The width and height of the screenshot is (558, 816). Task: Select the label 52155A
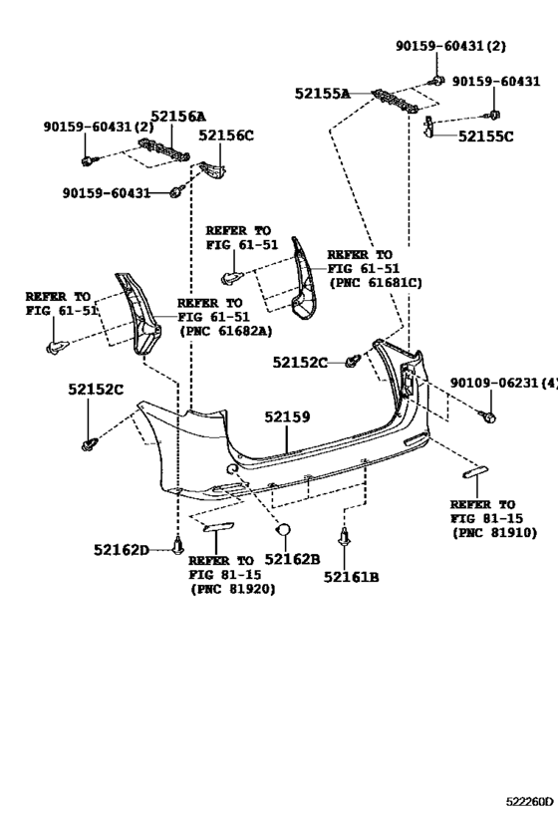click(x=322, y=94)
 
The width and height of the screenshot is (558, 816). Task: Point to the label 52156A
click(x=178, y=117)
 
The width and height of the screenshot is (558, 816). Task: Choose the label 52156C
click(x=225, y=136)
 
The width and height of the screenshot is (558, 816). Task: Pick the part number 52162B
click(x=292, y=560)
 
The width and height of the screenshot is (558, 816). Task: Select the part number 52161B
click(x=351, y=576)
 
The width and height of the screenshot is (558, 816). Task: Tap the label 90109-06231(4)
click(x=503, y=382)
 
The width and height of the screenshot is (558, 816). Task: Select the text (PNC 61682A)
click(x=225, y=332)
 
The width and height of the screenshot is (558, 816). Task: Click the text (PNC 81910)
click(x=493, y=533)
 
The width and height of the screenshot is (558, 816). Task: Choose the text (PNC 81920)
click(x=232, y=589)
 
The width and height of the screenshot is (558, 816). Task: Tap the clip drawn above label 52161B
click(x=346, y=539)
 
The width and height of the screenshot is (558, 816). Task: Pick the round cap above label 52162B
click(x=283, y=531)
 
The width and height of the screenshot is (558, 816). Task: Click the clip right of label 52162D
click(x=178, y=544)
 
